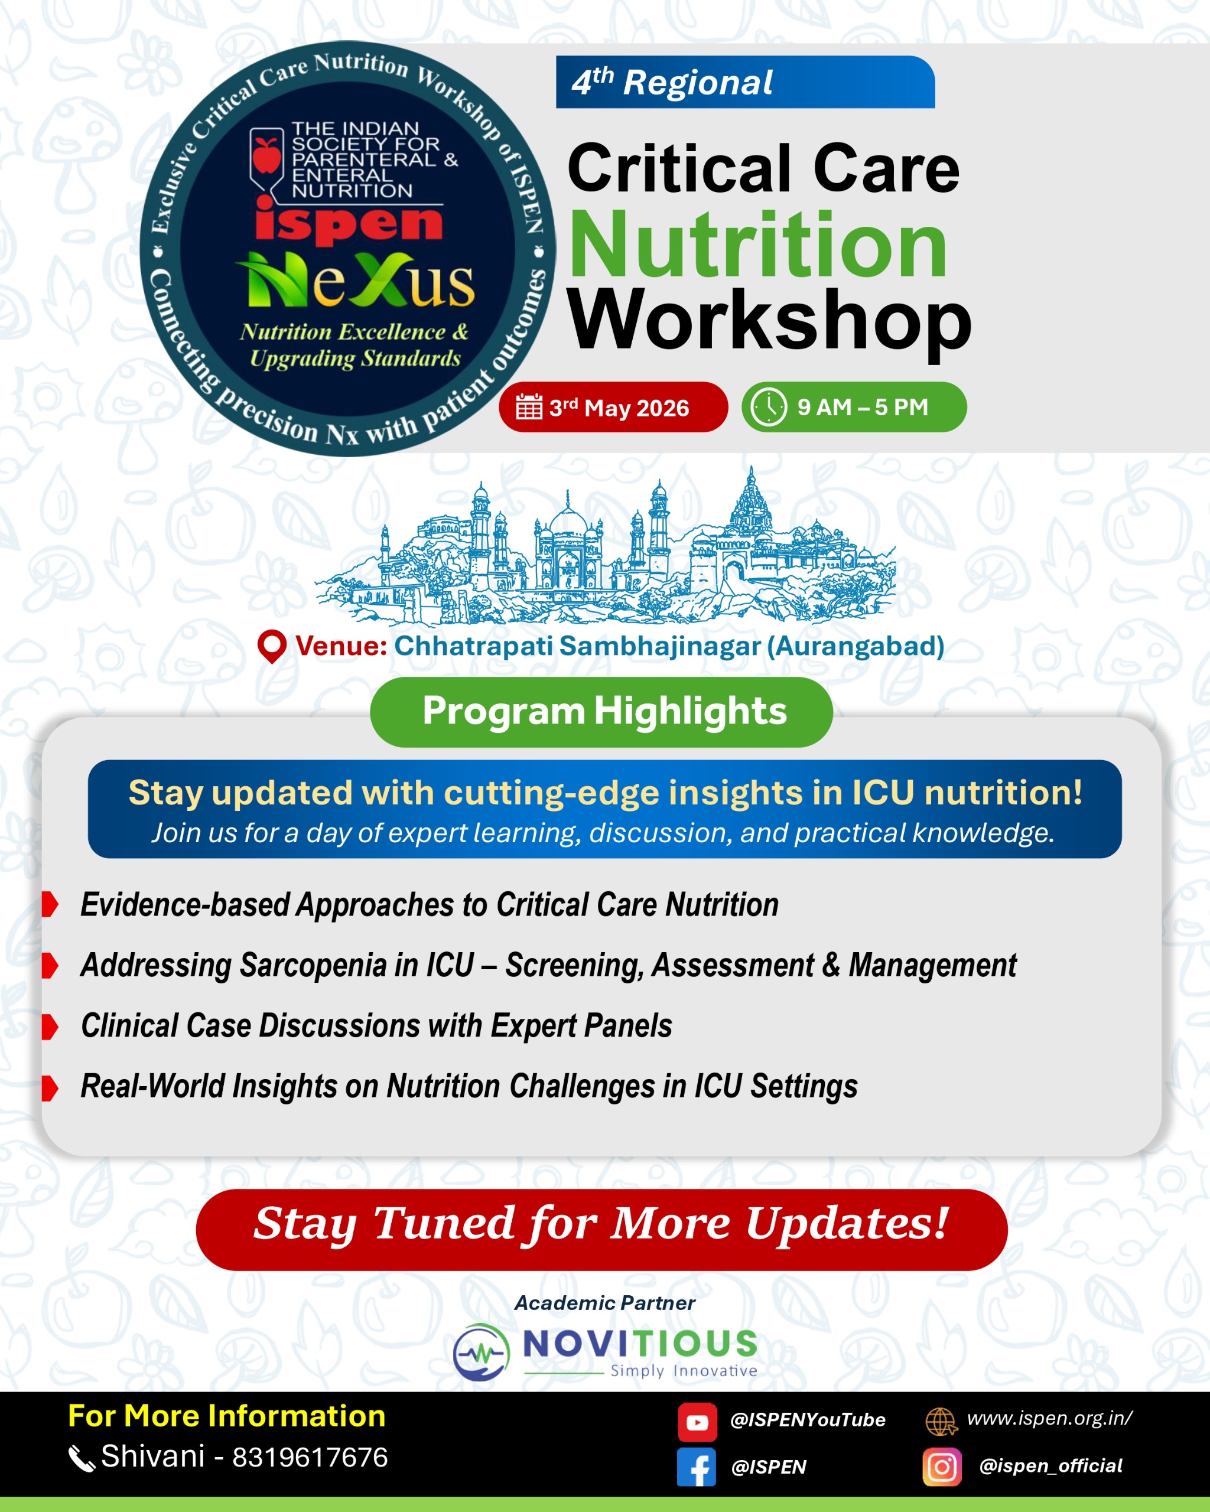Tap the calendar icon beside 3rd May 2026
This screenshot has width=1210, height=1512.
coord(529,407)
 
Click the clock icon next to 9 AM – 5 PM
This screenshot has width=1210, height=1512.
coord(769,407)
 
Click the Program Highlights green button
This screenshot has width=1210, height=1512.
coord(601,711)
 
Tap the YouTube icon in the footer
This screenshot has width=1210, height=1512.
coord(697,1422)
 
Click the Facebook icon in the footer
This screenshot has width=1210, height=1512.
coord(697,1467)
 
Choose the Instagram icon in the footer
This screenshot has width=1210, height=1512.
coord(942,1467)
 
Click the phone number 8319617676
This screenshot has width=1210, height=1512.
coord(310,1456)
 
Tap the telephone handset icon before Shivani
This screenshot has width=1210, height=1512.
coord(82,1459)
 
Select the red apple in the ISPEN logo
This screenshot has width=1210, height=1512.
coord(266,154)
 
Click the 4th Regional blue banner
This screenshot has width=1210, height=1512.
coord(745,82)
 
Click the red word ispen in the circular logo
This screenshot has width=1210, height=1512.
coord(349,223)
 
